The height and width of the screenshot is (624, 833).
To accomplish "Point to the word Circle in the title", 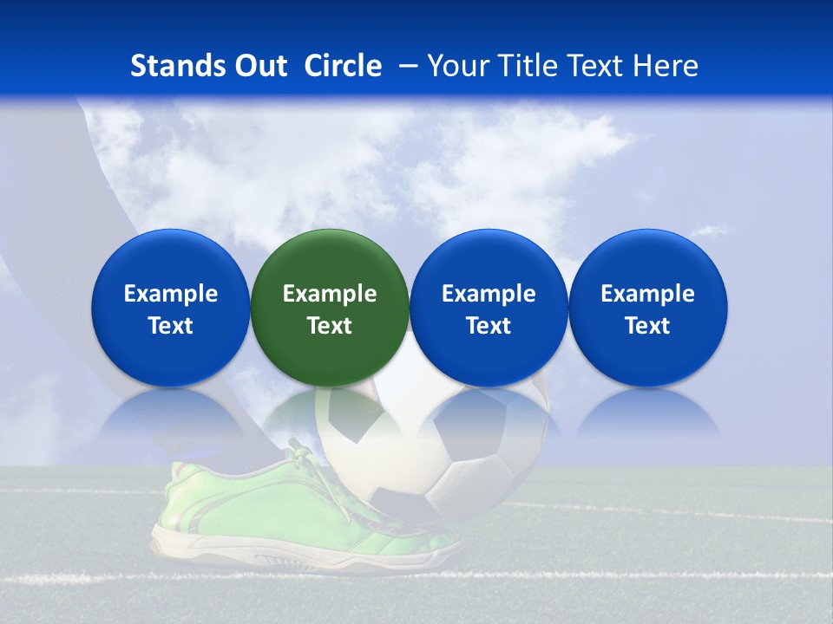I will [343, 66].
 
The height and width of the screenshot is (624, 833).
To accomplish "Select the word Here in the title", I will [666, 66].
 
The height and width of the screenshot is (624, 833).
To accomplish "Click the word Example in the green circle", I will [330, 294].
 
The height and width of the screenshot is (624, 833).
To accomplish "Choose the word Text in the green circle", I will [330, 326].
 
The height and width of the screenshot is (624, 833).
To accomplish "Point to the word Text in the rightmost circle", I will [647, 326].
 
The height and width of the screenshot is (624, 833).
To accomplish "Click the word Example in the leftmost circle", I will [171, 294].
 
